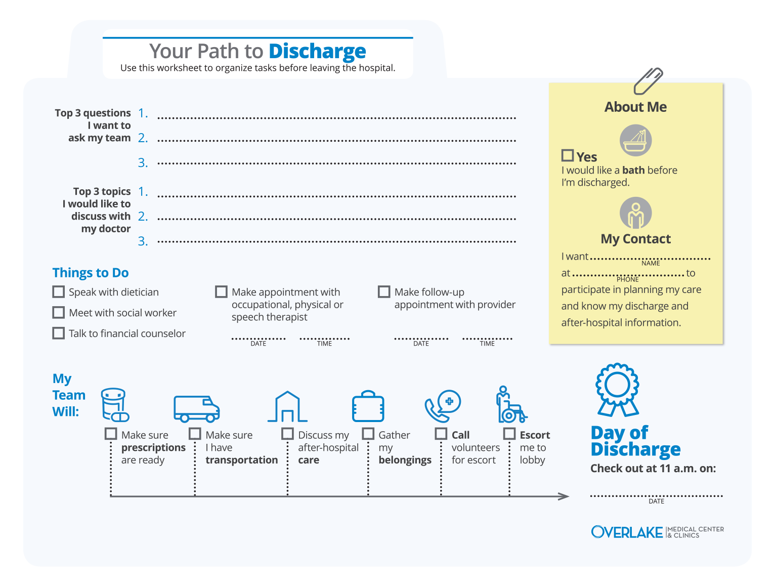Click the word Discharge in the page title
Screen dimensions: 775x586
click(317, 51)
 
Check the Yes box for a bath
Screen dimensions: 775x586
click(568, 156)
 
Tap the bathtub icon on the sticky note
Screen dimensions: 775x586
click(635, 141)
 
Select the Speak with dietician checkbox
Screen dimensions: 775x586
click(59, 292)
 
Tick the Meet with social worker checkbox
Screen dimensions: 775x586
click(59, 313)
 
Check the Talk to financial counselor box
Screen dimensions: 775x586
click(59, 333)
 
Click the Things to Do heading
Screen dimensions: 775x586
click(91, 273)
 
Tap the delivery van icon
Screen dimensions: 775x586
click(196, 408)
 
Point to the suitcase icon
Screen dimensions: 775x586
click(368, 406)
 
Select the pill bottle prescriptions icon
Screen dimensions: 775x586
click(115, 405)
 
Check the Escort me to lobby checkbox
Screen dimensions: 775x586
click(509, 434)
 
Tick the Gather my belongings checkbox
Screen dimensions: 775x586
click(368, 434)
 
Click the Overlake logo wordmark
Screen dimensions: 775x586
click(627, 532)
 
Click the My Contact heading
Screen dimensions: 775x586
click(635, 239)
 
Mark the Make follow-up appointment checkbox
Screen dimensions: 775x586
click(384, 292)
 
